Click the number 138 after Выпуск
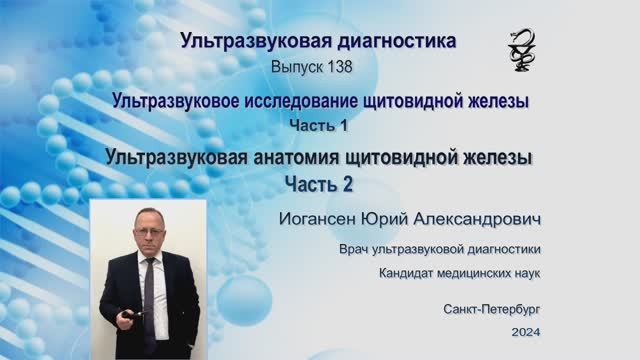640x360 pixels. (333, 65)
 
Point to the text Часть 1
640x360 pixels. (319, 123)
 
